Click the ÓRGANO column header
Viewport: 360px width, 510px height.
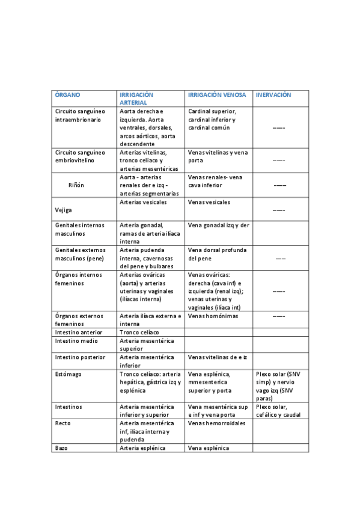coord(67,95)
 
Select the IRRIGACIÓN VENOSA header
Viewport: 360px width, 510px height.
coord(217,95)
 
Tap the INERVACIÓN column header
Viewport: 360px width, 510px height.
coord(273,95)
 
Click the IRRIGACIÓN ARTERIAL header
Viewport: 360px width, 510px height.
coord(137,99)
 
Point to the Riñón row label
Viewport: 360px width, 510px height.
coord(76,185)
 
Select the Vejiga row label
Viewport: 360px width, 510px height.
coord(64,210)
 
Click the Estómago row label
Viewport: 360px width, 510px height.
coord(69,374)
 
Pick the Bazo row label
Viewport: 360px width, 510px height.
coord(61,448)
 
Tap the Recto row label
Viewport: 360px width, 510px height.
coord(63,423)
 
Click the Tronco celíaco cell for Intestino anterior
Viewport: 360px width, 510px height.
coord(139,332)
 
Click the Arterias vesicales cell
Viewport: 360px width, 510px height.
coord(143,202)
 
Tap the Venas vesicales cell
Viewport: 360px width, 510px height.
coord(209,202)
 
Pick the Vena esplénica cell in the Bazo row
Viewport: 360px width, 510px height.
coord(209,448)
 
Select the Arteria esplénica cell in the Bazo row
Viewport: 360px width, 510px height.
coord(142,448)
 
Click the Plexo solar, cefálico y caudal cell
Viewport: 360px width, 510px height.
coord(278,411)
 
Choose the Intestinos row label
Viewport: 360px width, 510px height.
coord(69,407)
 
